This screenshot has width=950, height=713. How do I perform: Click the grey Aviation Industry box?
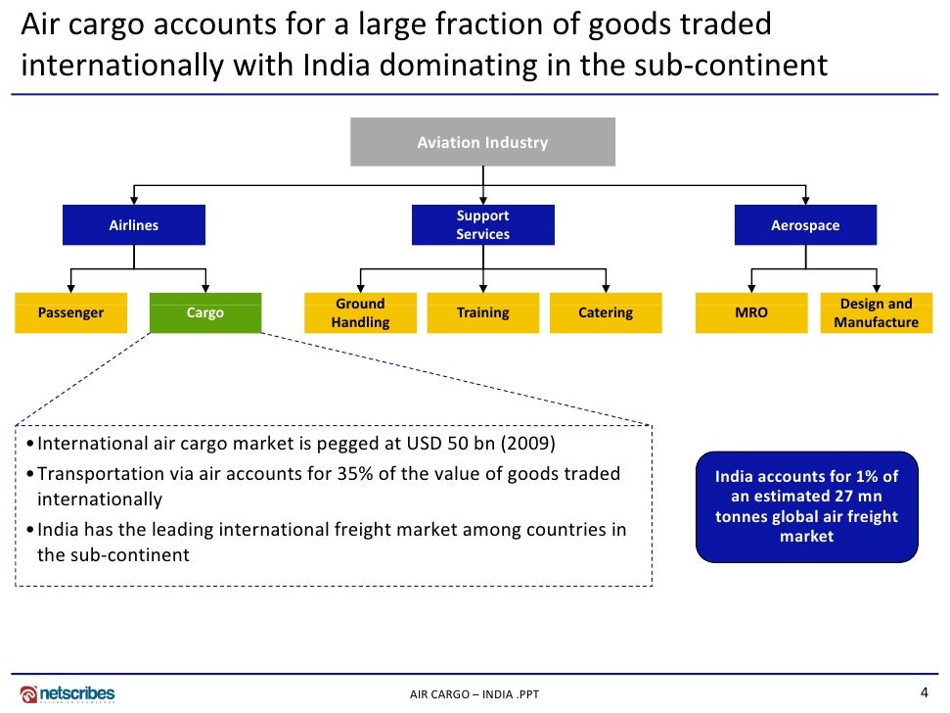coord(482,142)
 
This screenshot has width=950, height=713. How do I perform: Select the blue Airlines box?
coord(133,225)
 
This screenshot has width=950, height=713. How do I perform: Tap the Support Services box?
coord(482,225)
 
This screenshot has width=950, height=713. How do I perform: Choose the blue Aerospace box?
coord(805,225)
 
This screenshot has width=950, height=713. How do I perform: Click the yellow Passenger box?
coord(70,313)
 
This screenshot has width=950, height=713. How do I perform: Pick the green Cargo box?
coord(205,313)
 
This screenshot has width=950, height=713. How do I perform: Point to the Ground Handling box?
coord(360,313)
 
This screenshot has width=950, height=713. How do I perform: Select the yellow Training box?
coord(482,313)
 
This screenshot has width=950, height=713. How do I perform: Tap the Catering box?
coord(606,313)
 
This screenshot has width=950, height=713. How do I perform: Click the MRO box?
coord(750,313)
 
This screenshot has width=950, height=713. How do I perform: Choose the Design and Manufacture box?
coord(876,313)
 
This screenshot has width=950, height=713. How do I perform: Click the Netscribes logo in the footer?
coord(68,694)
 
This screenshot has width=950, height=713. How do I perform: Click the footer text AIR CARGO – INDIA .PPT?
coord(475,695)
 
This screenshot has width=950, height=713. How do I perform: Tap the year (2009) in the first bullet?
coord(528,444)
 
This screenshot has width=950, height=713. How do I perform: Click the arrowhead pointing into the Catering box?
coord(606,288)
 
